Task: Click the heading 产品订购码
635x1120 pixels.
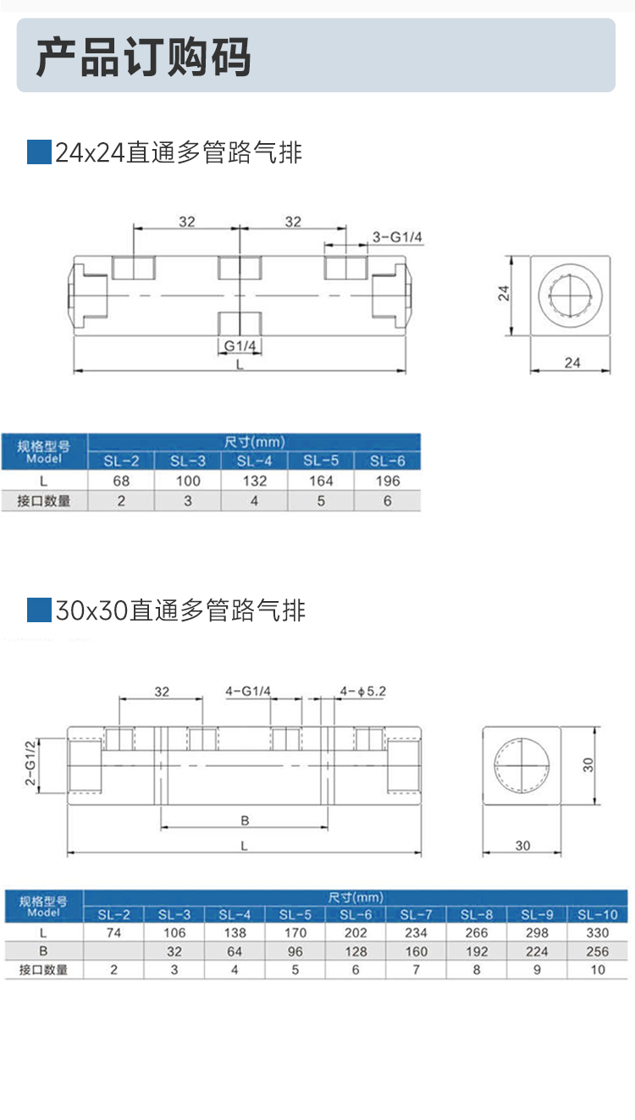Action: click(143, 58)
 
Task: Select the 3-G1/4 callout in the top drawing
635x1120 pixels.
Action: click(397, 238)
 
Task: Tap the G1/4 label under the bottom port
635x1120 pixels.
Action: click(240, 345)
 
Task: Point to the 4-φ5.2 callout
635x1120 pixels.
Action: click(362, 692)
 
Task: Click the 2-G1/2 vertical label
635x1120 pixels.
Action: click(31, 764)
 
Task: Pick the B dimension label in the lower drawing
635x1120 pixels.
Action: click(244, 820)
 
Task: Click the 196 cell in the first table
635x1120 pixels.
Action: click(387, 481)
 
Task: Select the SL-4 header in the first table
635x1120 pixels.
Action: click(254, 461)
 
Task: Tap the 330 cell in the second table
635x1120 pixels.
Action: click(597, 933)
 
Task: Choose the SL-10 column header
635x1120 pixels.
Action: click(597, 915)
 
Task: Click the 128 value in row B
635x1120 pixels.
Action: click(356, 952)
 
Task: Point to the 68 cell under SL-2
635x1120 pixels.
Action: click(121, 481)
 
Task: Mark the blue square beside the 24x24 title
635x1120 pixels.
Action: click(39, 153)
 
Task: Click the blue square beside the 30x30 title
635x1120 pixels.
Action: click(39, 610)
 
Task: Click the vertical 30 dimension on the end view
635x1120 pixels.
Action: click(589, 764)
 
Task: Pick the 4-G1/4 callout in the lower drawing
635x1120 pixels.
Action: click(247, 692)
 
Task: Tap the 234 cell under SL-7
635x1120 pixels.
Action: click(416, 933)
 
